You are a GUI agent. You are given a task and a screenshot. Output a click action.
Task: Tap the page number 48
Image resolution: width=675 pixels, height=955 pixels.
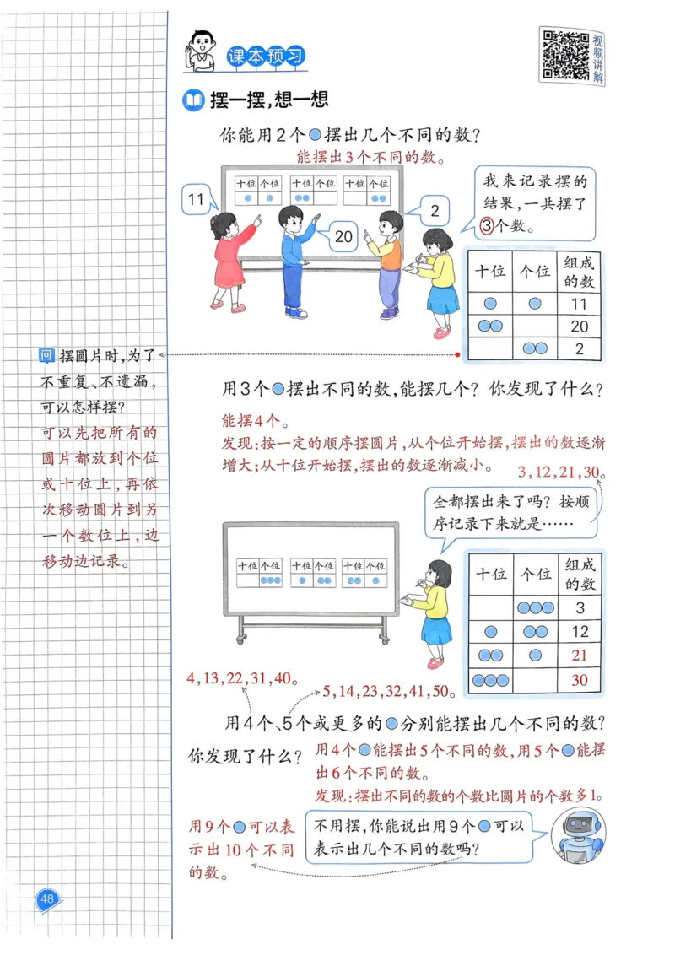coord(47,898)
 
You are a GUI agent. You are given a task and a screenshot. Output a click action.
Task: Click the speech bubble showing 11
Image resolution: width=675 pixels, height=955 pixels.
coord(197,200)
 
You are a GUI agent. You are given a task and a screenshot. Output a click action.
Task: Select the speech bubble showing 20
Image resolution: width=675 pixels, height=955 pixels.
coord(343,237)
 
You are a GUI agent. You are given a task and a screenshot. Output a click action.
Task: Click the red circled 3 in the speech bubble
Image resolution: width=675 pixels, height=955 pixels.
coord(487,225)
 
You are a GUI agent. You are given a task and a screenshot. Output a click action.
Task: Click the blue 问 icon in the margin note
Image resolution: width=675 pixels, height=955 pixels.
coord(48,356)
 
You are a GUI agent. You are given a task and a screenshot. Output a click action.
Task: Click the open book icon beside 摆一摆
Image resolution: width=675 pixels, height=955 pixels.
coord(194,101)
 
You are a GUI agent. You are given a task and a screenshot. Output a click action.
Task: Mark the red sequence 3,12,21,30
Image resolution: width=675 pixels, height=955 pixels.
coord(558,471)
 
